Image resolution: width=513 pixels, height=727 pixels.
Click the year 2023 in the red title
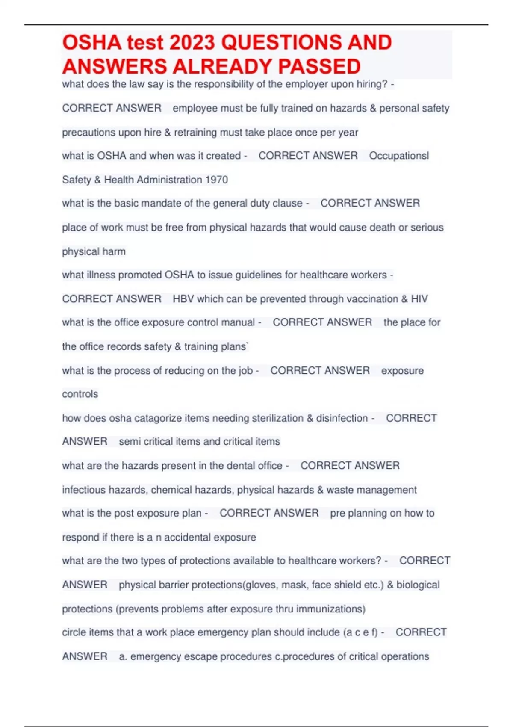[x=192, y=43]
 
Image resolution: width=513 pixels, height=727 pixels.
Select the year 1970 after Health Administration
[x=216, y=180]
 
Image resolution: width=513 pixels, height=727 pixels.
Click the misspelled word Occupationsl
[x=399, y=156]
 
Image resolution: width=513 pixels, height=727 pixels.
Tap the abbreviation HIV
[x=419, y=299]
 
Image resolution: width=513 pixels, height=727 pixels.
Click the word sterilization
[x=277, y=418]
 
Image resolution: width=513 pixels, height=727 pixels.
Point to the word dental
[x=243, y=465]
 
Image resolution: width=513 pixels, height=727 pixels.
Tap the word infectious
[x=83, y=490]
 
